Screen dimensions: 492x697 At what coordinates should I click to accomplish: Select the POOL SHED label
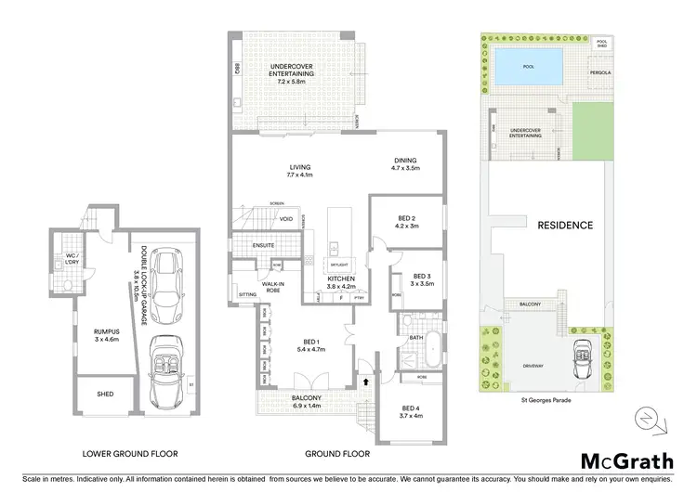click(600, 43)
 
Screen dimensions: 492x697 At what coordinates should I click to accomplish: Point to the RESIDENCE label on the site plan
click(564, 225)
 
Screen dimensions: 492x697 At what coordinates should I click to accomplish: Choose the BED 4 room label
click(412, 411)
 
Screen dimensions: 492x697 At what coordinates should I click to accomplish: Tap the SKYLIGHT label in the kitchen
click(336, 264)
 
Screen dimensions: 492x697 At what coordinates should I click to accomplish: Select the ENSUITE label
click(264, 246)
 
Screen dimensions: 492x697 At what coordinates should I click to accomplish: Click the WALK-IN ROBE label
click(273, 288)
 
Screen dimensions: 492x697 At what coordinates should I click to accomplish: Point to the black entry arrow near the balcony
click(365, 381)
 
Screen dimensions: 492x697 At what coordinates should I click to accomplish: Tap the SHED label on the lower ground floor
click(105, 394)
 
